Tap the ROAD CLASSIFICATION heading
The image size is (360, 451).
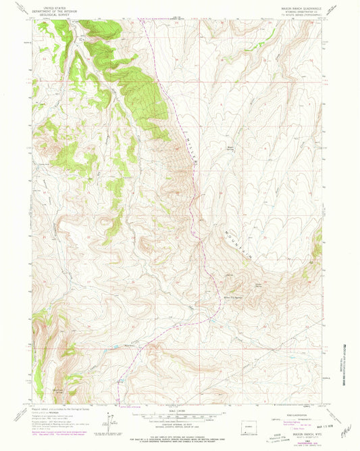coord(295,410)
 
